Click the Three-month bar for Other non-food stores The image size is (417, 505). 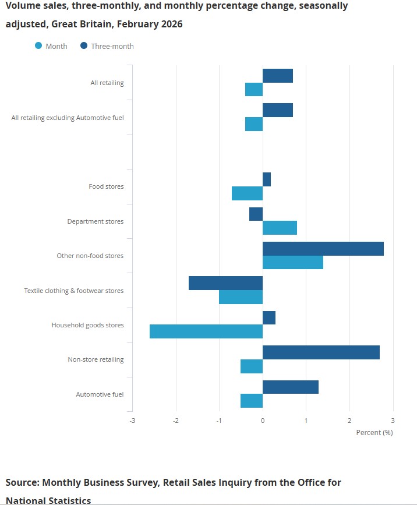click(323, 249)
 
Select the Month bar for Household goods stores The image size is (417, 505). click(206, 331)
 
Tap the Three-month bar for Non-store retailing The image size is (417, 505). click(321, 352)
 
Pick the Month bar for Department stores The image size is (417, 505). click(280, 228)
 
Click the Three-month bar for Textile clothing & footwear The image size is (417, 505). click(225, 283)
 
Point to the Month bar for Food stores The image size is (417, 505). click(247, 193)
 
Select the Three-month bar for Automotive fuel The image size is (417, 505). click(291, 387)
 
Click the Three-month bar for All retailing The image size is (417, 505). click(278, 76)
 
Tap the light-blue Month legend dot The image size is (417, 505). click(38, 46)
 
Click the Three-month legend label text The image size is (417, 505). click(112, 46)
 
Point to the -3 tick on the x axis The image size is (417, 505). click(132, 421)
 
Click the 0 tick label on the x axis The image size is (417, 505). click(263, 421)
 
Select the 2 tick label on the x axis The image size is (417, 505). click(349, 421)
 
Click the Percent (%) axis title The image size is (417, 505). click(374, 432)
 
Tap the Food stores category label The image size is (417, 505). click(106, 186)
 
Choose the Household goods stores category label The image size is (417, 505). click(87, 325)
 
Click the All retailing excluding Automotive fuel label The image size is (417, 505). click(68, 118)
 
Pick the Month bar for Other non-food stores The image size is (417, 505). click(293, 262)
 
